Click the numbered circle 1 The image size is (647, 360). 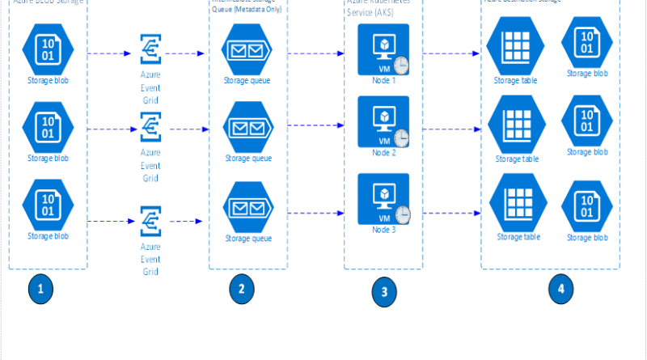(x=40, y=290)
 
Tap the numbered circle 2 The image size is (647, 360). (x=241, y=290)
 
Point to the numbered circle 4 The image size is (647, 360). (x=561, y=290)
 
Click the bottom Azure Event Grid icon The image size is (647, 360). (x=150, y=220)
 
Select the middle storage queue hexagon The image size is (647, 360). (x=247, y=128)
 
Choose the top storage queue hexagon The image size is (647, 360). (x=247, y=51)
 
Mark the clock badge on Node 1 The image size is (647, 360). (x=402, y=65)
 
